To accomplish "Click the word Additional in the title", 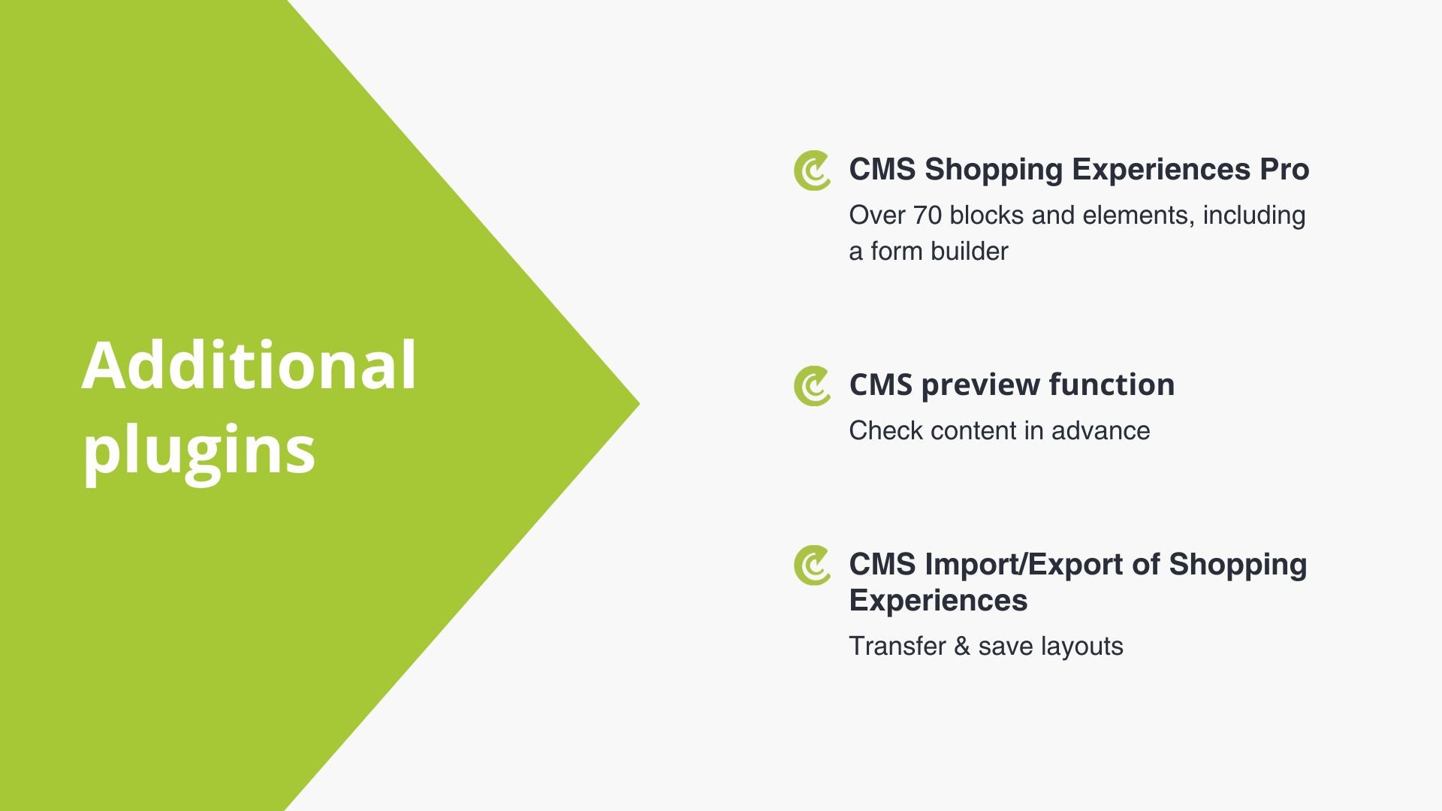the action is (x=249, y=366).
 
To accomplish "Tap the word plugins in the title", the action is (x=198, y=451).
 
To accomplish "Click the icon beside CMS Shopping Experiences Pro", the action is (x=812, y=170).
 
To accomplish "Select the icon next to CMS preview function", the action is (x=812, y=386).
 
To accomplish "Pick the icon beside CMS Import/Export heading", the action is (x=812, y=565).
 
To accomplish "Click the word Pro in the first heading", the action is (x=1284, y=170).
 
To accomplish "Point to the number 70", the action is (x=928, y=216).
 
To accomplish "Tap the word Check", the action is (x=885, y=431).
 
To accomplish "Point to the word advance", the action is (x=1100, y=431).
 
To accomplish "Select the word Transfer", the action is (x=897, y=647).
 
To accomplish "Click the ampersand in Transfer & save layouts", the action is (x=962, y=647).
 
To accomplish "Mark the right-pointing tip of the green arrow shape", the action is (x=639, y=404).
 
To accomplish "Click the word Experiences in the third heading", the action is (x=938, y=601).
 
